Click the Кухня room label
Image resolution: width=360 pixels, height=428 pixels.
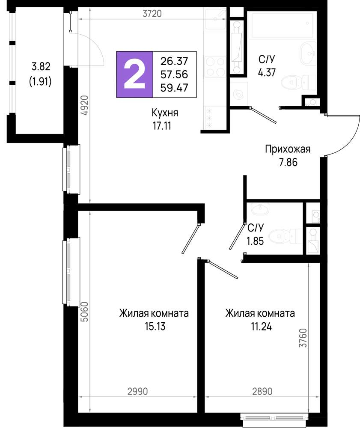(x=165, y=113)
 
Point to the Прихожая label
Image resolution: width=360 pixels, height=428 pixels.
(x=287, y=149)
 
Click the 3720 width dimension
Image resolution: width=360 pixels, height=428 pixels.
(x=152, y=14)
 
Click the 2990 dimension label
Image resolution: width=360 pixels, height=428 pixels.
(x=138, y=392)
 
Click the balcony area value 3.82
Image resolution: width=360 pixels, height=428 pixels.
(x=41, y=66)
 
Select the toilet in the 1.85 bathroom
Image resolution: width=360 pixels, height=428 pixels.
(x=286, y=235)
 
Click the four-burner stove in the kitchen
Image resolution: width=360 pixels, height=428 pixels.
(x=214, y=66)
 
